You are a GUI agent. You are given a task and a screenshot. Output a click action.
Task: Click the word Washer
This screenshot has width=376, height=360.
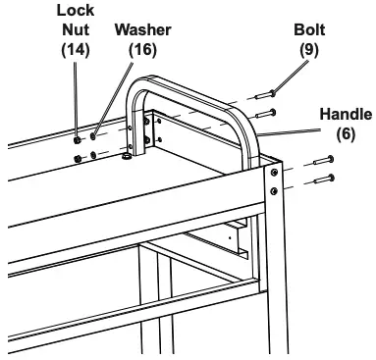(x=142, y=29)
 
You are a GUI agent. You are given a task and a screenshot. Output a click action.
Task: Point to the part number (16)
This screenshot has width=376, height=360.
(x=142, y=48)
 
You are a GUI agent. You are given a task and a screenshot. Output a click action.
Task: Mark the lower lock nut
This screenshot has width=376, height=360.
(x=78, y=154)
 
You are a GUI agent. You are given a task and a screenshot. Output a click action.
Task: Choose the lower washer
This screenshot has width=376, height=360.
(x=93, y=154)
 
